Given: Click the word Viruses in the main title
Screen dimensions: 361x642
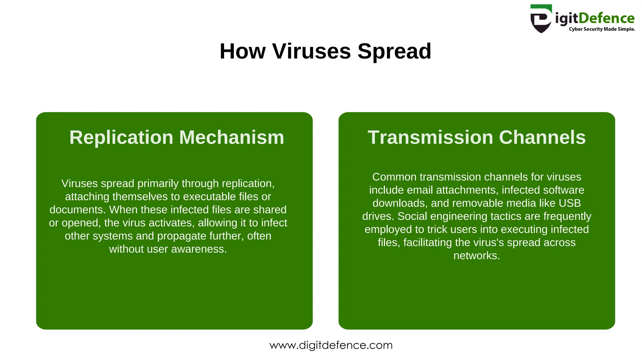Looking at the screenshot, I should tap(311, 51).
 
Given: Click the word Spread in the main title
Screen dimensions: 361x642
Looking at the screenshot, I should tap(394, 51).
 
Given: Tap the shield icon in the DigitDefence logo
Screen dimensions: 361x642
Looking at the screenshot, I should tap(541, 19).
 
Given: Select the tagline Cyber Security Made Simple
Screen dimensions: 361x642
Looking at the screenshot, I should tap(602, 29).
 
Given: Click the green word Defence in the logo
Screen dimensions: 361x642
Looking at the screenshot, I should tap(606, 18).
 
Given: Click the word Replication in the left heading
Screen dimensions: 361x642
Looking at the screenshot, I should tap(121, 137).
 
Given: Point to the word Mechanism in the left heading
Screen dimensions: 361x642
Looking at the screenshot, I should tap(231, 137).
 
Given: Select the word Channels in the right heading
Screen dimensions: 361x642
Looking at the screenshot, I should tap(542, 137).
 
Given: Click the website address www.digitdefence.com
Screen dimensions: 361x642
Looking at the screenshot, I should tap(331, 345).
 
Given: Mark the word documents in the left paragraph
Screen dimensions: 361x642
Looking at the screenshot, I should tap(76, 210).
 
